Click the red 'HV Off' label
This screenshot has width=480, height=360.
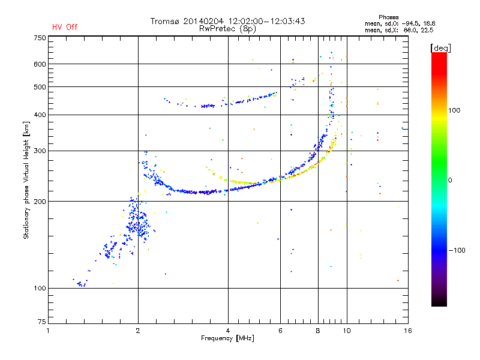(x=64, y=27)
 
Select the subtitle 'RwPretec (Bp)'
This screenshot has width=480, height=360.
(x=227, y=28)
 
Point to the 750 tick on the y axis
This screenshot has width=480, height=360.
(x=40, y=37)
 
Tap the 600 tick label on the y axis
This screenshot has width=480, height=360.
(x=40, y=64)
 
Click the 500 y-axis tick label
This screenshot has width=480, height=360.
(x=40, y=87)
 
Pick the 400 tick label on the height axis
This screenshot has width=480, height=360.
(x=40, y=115)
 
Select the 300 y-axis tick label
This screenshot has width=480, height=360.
(x=40, y=151)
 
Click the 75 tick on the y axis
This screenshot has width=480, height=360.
(x=41, y=323)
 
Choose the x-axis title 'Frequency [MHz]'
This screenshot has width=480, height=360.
(x=227, y=339)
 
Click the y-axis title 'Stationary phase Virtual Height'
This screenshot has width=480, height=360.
(x=26, y=180)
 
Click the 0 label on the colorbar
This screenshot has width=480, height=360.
(x=449, y=180)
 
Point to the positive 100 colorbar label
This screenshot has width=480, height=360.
(x=455, y=110)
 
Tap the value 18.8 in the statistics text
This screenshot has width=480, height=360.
(x=425, y=23)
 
